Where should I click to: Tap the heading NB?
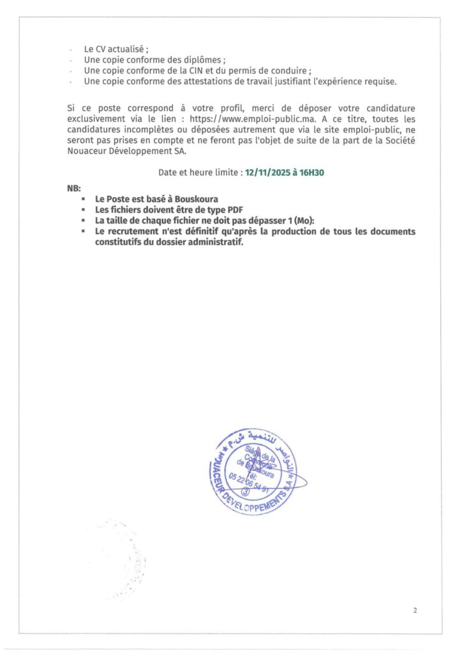click(x=74, y=189)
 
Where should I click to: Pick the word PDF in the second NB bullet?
click(x=237, y=209)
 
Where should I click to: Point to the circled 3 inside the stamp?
click(x=246, y=492)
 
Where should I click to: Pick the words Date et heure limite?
click(x=200, y=172)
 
